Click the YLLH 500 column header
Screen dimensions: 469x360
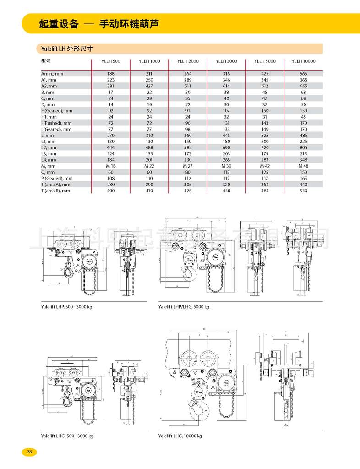110,61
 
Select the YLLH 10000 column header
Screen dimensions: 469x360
303,61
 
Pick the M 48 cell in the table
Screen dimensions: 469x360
303,166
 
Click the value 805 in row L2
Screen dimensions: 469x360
303,148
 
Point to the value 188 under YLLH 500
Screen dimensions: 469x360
110,73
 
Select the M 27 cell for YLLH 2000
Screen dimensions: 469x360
188,166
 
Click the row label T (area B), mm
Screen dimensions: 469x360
55,191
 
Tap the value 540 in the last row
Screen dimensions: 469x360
303,191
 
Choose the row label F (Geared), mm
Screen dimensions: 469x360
56,110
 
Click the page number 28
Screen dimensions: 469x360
29,452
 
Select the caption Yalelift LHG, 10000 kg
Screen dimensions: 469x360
180,436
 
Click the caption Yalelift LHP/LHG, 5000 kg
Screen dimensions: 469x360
183,306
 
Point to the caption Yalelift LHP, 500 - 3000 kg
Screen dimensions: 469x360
66,306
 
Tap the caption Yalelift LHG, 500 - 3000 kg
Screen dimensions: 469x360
67,436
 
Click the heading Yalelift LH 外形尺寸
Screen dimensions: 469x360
67,49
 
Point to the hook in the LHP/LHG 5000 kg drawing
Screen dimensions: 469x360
188,273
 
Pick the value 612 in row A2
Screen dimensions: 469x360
265,86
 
